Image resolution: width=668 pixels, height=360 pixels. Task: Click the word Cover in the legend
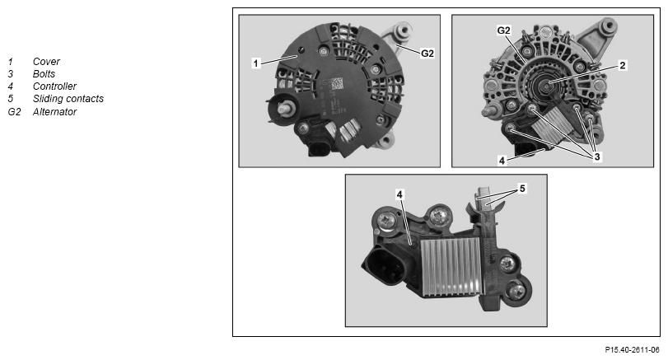pos(46,61)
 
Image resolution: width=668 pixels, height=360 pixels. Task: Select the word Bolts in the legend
pos(44,73)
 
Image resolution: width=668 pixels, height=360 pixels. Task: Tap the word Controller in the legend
pos(54,86)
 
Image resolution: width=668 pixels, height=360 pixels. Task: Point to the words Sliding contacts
pos(68,98)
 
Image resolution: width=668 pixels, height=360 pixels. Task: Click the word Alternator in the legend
pos(54,111)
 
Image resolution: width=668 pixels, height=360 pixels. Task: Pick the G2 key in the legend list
pos(14,111)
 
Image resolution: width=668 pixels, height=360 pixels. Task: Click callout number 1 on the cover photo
pos(255,63)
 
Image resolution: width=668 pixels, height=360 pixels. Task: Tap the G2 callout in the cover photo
pos(427,54)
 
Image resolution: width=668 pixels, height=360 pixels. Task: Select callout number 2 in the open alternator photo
pos(623,65)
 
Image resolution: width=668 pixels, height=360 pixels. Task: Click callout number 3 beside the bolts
pos(597,157)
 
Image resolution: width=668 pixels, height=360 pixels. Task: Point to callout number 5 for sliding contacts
pos(522,189)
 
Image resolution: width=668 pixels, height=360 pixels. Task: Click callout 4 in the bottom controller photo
pos(399,194)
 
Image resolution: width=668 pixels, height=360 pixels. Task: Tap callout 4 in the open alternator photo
pos(502,161)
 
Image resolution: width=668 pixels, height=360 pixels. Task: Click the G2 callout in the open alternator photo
pos(503,30)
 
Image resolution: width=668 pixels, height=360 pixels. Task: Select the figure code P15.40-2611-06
pos(632,350)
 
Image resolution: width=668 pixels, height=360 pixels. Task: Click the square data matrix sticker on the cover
pos(337,83)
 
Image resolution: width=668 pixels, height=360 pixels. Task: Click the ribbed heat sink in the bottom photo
pos(451,267)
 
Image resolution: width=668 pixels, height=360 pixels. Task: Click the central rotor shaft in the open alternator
pos(546,87)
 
